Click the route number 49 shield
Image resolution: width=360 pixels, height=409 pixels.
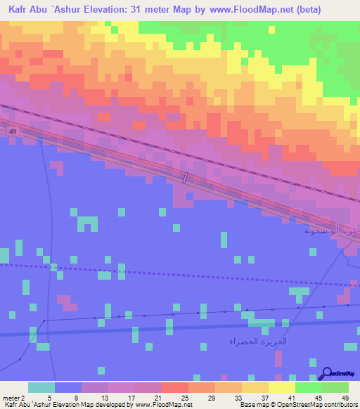(14, 131)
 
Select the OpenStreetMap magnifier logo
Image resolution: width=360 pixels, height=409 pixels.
(328, 374)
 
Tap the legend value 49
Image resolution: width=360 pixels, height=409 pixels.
(345, 397)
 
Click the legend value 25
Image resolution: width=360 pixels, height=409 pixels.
(185, 397)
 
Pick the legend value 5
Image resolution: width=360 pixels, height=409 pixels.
(49, 397)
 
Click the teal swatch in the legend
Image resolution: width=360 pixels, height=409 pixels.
(41, 387)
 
